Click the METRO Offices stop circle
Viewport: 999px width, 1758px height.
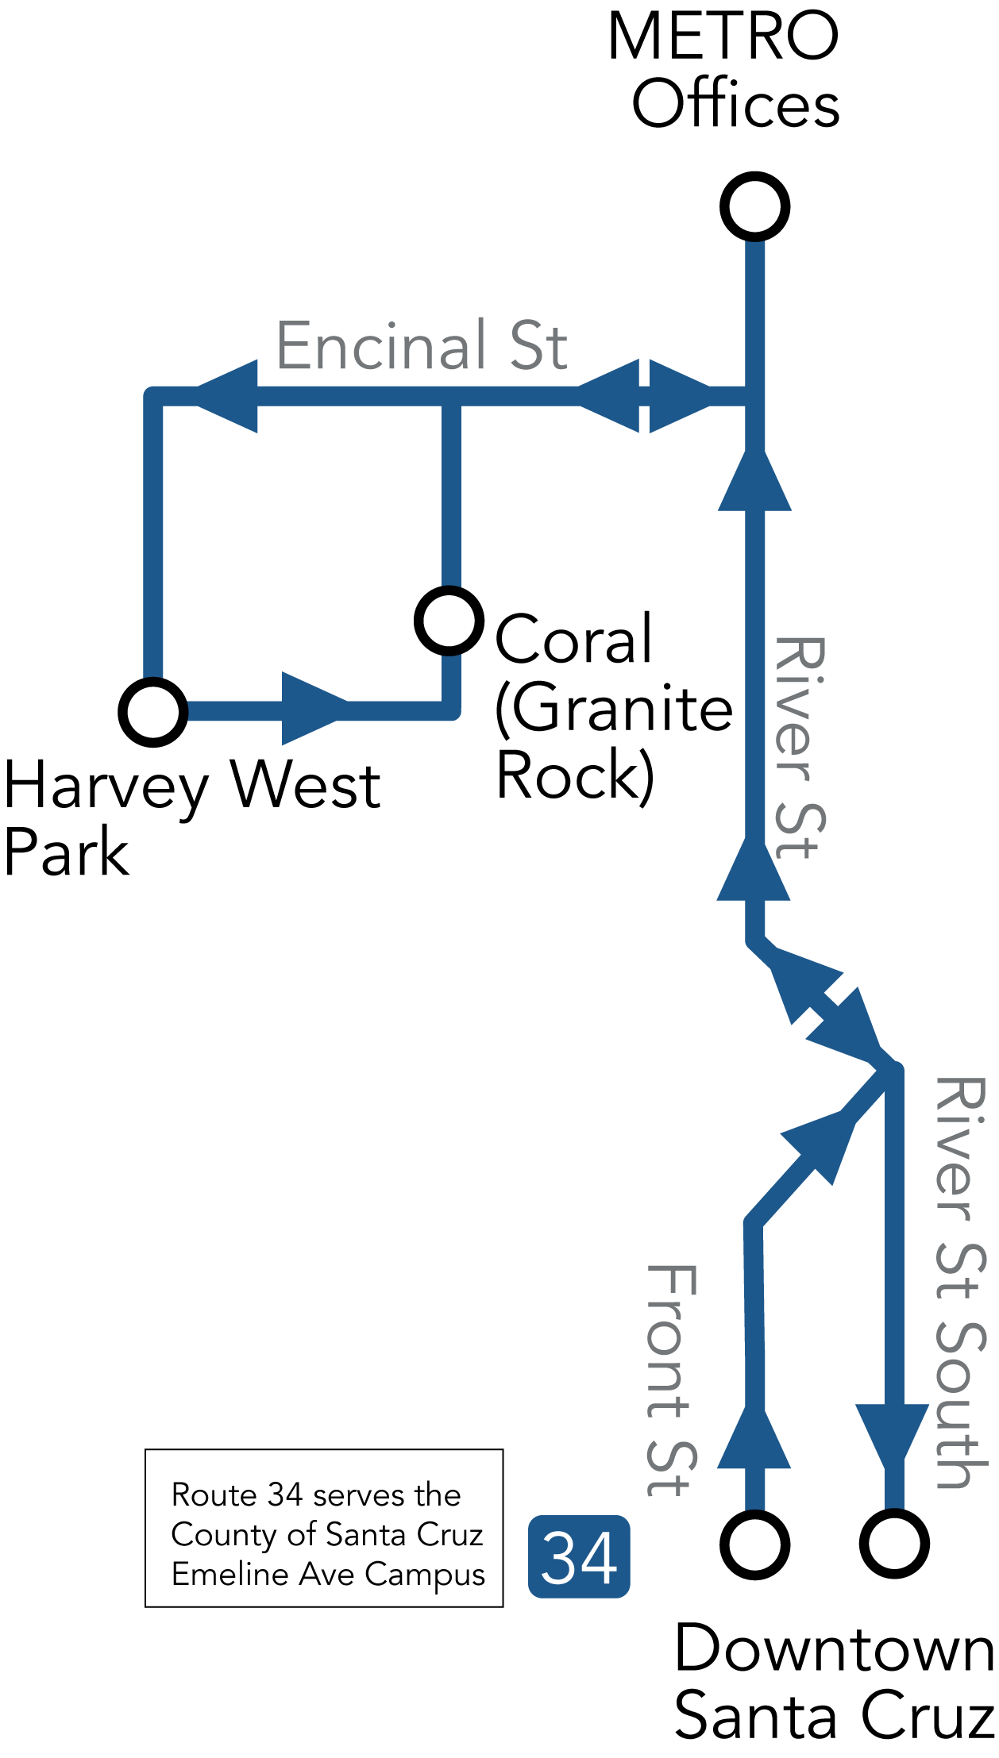click(x=754, y=206)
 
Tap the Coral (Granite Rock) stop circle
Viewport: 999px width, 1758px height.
click(x=449, y=621)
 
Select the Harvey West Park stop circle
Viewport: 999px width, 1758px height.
click(x=153, y=712)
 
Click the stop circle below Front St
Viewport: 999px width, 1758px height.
click(x=754, y=1545)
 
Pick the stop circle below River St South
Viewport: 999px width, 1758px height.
click(x=894, y=1545)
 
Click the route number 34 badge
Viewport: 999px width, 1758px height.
click(x=579, y=1556)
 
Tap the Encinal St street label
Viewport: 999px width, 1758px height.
click(x=422, y=346)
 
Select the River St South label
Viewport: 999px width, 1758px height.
click(x=961, y=1282)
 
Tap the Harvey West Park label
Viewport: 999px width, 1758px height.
click(x=191, y=818)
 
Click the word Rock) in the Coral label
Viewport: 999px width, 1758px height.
click(x=575, y=775)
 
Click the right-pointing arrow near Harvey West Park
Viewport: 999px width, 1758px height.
click(x=314, y=709)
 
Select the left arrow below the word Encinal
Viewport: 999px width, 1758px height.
click(x=229, y=396)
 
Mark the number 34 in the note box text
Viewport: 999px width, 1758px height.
click(x=285, y=1495)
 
